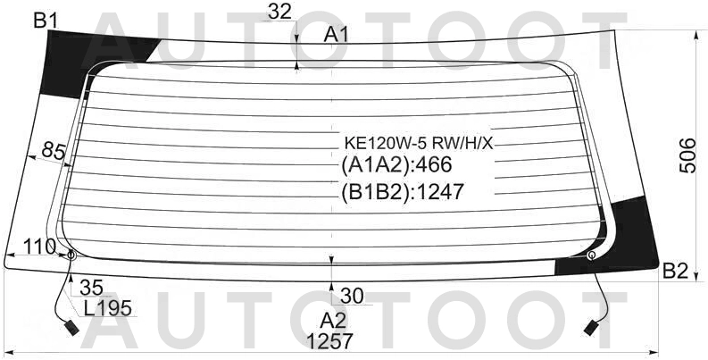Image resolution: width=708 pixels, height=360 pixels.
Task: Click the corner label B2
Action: pyautogui.click(x=674, y=272)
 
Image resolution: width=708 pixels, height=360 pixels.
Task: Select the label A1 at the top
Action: pyautogui.click(x=337, y=34)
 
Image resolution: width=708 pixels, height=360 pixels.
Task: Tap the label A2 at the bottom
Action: pyautogui.click(x=333, y=320)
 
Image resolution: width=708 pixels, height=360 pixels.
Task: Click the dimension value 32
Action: pyautogui.click(x=279, y=11)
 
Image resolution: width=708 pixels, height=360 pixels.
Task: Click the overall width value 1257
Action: pyautogui.click(x=329, y=340)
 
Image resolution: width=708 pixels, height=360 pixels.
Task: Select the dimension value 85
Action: pyautogui.click(x=54, y=152)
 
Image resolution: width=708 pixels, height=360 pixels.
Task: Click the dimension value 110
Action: pyautogui.click(x=37, y=246)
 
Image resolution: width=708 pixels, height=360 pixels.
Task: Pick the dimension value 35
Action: pyautogui.click(x=90, y=288)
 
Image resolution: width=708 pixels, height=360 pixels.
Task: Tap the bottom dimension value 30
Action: pyautogui.click(x=352, y=295)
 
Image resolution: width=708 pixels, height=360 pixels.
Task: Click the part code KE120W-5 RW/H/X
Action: pyautogui.click(x=419, y=143)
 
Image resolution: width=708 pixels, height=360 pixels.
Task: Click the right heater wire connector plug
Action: pyautogui.click(x=591, y=328)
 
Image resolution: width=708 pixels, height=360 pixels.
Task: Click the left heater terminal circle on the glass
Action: pyautogui.click(x=71, y=255)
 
